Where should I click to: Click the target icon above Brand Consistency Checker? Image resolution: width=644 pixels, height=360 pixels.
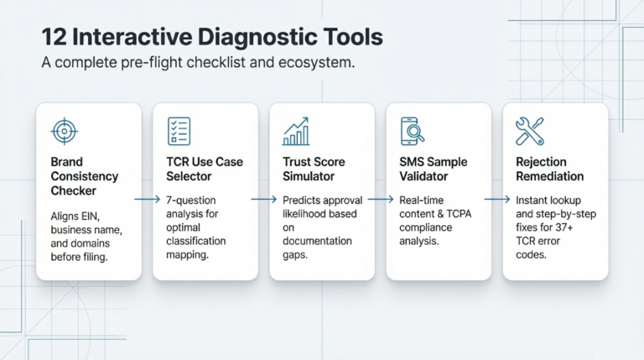click(65, 132)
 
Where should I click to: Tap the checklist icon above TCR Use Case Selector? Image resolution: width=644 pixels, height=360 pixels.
click(179, 131)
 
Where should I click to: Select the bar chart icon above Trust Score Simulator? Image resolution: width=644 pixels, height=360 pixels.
click(296, 131)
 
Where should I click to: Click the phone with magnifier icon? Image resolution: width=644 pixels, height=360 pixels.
click(412, 131)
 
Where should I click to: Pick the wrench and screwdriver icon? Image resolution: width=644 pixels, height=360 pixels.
click(530, 131)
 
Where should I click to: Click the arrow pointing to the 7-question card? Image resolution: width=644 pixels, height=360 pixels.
click(147, 200)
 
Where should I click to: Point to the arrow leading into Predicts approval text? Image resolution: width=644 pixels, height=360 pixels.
click(263, 200)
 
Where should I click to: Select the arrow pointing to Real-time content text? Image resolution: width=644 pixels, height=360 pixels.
click(381, 200)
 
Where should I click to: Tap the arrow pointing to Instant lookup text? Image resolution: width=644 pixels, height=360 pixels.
click(497, 200)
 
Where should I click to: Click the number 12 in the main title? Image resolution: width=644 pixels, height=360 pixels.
click(54, 37)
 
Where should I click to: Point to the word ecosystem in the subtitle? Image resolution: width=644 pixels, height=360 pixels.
click(316, 63)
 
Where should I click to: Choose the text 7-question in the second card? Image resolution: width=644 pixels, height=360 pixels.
click(191, 201)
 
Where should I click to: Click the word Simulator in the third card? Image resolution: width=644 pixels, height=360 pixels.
click(309, 176)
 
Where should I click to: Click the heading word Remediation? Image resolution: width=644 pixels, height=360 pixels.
click(550, 176)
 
